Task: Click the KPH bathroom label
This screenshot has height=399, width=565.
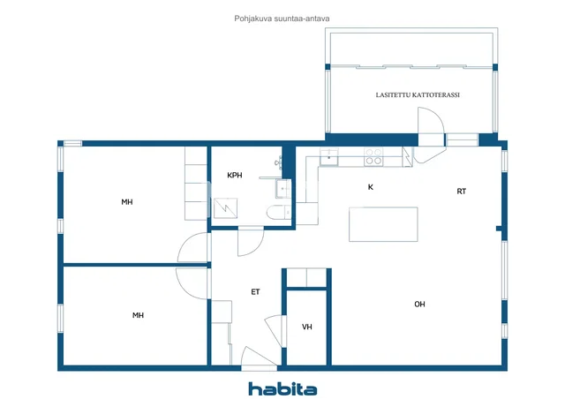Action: coord(234,176)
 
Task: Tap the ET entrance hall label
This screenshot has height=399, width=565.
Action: coord(255,292)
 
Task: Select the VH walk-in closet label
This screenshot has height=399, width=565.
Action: coord(306,327)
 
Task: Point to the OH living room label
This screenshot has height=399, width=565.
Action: coord(419,305)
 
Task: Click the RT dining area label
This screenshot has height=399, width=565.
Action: coord(461,192)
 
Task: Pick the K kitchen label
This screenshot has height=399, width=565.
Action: coord(371,187)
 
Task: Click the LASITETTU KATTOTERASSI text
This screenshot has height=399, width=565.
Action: coord(418,95)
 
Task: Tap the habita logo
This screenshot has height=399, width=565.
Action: coord(282,389)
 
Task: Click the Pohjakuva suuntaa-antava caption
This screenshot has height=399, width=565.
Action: coord(282,19)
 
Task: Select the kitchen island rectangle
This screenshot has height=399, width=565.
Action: coord(383,224)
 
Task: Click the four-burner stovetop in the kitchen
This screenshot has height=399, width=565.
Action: coord(373,157)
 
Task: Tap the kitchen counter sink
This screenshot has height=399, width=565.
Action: coord(329,157)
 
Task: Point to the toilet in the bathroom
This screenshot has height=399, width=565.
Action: coord(279,212)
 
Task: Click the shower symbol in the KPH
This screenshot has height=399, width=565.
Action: coord(225,208)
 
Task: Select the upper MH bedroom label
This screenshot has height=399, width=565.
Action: coord(127,202)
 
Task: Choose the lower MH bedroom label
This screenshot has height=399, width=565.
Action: coord(138,315)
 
